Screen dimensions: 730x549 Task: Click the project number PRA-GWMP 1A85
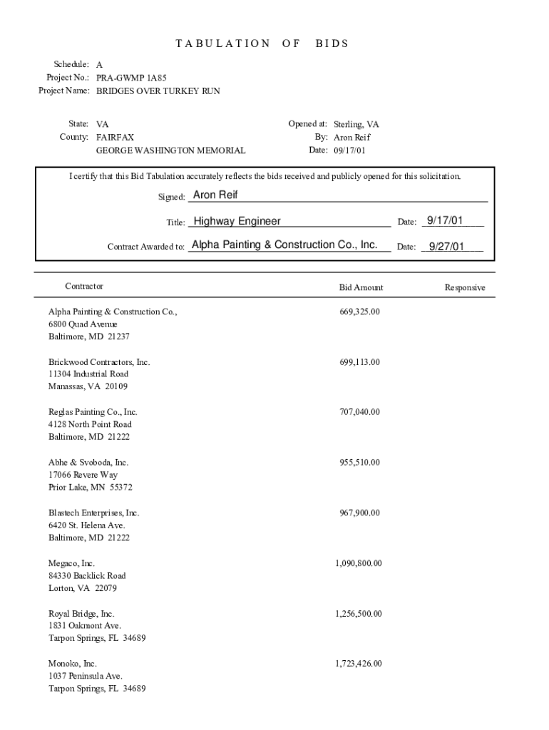[132, 78]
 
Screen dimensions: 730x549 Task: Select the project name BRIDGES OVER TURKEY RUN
[158, 91]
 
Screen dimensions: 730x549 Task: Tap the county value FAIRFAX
[115, 137]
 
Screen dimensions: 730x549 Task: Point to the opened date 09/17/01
[351, 150]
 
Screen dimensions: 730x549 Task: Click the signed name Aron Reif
[216, 195]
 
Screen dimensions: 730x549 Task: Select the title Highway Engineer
[237, 221]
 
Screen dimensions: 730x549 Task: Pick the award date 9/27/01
[446, 247]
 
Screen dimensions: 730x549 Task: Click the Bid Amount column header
[361, 287]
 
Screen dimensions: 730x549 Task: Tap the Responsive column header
[465, 287]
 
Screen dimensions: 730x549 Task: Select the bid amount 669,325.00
[360, 312]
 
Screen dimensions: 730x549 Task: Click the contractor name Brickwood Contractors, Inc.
[99, 362]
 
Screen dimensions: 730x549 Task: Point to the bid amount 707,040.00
[360, 412]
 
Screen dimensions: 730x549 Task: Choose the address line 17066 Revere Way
[83, 475]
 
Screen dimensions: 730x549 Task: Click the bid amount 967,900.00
[360, 513]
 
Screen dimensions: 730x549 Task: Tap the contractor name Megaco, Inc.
[71, 563]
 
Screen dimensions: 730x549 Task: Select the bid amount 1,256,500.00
[359, 614]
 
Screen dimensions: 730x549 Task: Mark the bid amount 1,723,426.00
[359, 664]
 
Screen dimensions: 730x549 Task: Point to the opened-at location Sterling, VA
[356, 124]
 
